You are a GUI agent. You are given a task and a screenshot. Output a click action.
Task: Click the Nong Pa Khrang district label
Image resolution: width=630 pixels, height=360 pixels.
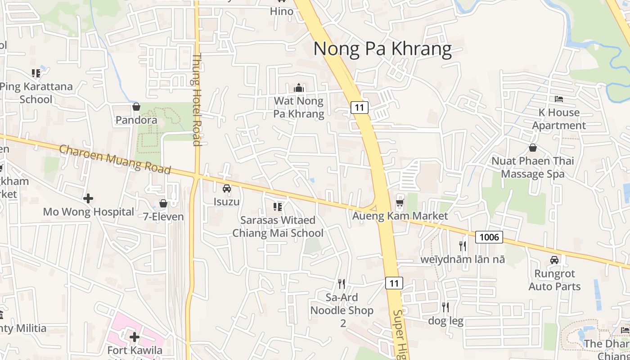coord(382,48)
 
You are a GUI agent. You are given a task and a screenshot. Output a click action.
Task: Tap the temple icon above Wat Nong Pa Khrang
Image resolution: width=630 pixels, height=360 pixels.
coord(299,88)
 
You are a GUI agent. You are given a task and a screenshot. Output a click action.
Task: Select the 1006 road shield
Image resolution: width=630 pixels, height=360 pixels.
coord(489,237)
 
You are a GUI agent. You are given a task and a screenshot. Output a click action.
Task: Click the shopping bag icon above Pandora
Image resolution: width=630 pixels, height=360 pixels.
coord(136,107)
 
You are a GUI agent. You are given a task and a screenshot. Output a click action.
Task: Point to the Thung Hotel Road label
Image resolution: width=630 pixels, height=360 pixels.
coord(196,100)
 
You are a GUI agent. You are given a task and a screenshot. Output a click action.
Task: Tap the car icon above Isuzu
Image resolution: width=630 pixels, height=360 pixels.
coord(227,188)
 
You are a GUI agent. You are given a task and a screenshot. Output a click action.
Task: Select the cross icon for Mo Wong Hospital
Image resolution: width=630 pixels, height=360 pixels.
coord(88,198)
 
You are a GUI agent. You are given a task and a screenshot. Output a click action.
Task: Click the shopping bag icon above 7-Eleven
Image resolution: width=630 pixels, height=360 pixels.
coord(163,203)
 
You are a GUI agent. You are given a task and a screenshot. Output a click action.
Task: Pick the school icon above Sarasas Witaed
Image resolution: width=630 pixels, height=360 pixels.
coord(278,207)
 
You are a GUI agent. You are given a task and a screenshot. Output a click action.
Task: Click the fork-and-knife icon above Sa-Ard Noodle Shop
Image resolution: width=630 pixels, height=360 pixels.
coord(342,283)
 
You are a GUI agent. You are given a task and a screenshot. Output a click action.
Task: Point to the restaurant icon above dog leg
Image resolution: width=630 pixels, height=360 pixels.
coord(445,307)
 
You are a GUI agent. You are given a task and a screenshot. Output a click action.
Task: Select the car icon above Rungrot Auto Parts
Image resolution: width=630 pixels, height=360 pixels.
coord(554,260)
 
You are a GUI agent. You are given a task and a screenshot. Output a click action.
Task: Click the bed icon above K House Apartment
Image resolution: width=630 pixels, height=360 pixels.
coord(559,99)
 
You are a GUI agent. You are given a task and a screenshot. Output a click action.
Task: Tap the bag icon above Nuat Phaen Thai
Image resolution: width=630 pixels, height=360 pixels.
coord(533,147)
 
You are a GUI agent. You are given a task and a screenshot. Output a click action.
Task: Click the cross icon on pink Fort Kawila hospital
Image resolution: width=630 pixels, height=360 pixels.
coord(134,337)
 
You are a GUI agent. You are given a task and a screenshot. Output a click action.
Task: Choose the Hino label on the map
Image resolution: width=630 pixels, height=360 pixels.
coord(282,11)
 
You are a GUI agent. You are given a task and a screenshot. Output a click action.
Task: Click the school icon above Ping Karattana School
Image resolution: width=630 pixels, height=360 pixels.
coord(36,73)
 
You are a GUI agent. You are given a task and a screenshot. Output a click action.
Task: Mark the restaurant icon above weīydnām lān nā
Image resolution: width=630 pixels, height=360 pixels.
coord(463,246)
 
